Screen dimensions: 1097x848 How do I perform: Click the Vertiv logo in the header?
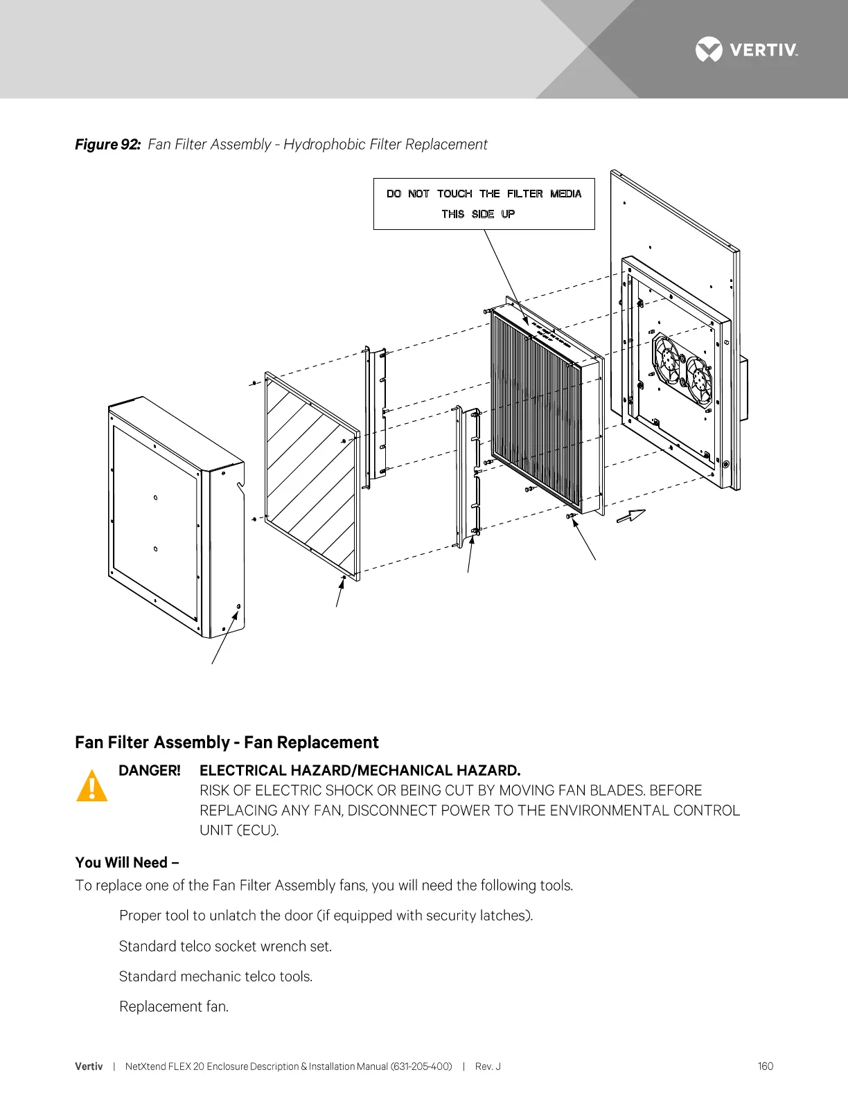coord(746,50)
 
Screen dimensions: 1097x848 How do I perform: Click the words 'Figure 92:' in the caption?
coord(107,144)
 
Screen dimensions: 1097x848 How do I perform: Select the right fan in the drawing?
coord(698,380)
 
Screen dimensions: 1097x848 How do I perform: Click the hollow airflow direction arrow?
coord(630,517)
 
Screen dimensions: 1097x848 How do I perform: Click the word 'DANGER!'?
coord(150,771)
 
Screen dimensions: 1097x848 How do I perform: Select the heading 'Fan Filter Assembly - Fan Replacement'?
coord(227,742)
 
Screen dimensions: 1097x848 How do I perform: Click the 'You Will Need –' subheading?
coord(127,862)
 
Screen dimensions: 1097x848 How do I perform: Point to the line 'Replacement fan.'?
coord(174,1006)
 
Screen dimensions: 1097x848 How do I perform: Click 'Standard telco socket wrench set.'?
coord(225,946)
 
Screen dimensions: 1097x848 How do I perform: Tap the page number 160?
coord(765,1067)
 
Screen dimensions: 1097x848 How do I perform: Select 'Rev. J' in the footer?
coord(488,1067)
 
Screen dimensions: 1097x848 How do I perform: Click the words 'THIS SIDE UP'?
coord(478,214)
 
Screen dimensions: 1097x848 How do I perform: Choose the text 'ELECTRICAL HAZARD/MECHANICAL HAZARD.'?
coord(360,771)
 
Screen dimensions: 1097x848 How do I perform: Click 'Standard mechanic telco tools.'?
coord(215,976)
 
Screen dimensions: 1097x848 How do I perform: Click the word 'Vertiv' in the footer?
coord(89,1067)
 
